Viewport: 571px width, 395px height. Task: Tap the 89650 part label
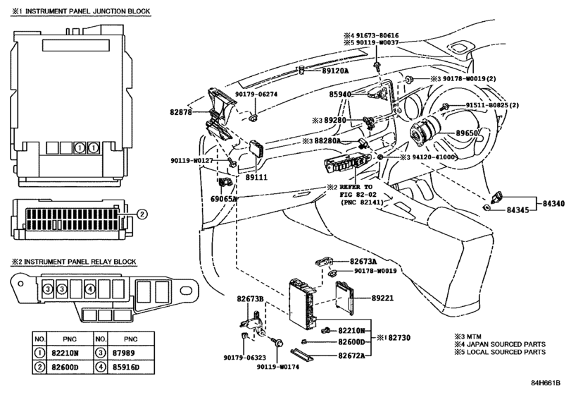click(x=465, y=133)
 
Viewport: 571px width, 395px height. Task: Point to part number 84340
click(x=553, y=203)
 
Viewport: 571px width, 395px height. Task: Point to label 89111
click(x=255, y=177)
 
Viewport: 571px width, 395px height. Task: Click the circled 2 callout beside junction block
click(x=141, y=214)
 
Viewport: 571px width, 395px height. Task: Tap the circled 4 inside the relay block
click(x=90, y=288)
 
